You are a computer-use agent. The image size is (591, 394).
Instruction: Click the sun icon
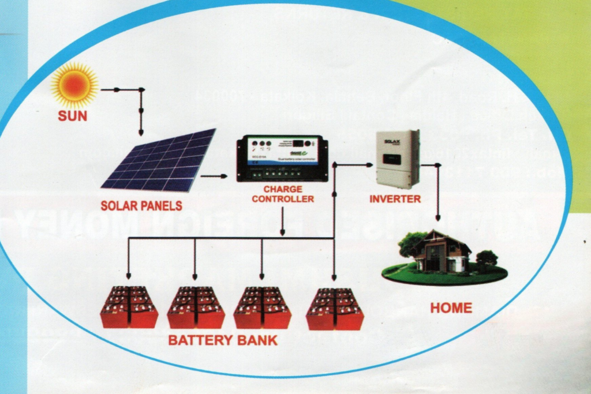coord(74,85)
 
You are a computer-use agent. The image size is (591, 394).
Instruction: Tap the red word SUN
coord(73,116)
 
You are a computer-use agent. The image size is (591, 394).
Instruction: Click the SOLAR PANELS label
coord(141,205)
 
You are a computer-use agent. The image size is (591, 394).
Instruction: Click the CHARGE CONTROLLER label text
coord(283,194)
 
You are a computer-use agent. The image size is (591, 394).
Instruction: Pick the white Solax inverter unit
coord(398,159)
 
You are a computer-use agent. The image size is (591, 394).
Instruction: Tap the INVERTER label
coord(395,200)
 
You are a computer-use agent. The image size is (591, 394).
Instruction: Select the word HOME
coord(451,308)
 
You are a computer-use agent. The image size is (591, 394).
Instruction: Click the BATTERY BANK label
coord(223,340)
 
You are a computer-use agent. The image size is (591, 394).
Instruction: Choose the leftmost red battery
coord(129,307)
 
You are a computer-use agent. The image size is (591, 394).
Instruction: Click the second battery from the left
coord(196,307)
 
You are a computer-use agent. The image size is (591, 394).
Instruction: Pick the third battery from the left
coord(262,307)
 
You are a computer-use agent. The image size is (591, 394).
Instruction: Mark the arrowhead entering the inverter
coord(369,165)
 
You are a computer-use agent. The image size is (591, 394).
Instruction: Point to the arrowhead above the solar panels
coord(141,132)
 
